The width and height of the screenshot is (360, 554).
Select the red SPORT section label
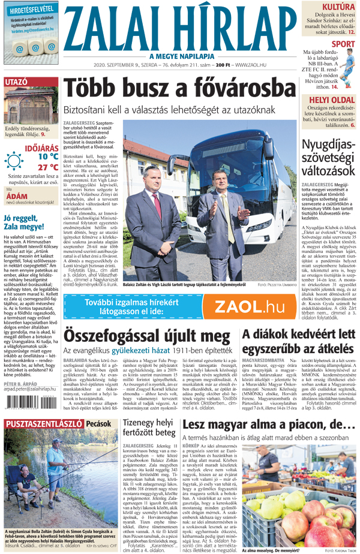click(343, 44)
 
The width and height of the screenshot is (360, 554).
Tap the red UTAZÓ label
click(16, 81)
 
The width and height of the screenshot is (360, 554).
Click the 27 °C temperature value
click(47, 167)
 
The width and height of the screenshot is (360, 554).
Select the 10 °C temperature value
click(47, 156)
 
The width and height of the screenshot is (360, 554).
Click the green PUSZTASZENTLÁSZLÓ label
click(41, 423)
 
